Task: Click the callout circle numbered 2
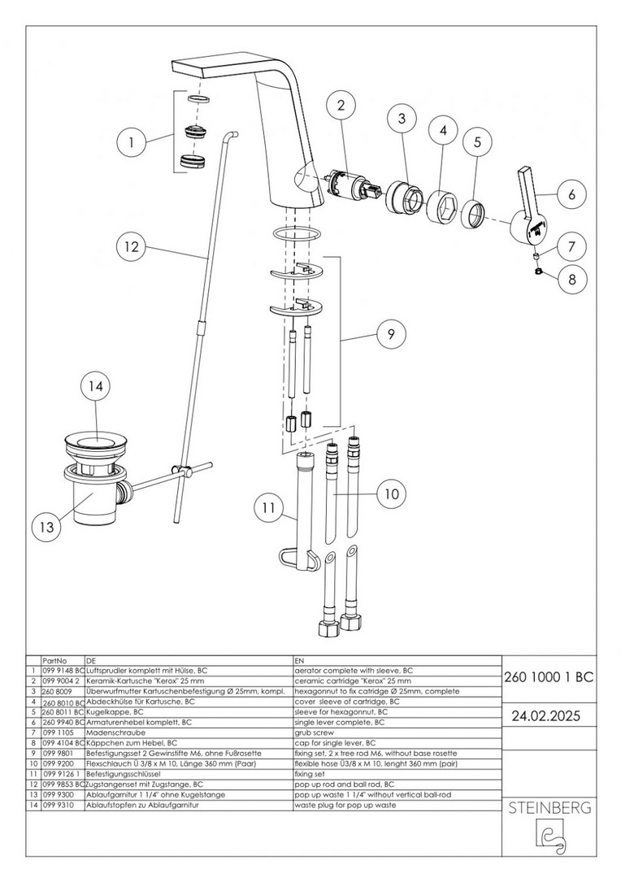[x=341, y=106]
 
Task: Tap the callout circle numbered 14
[x=96, y=389]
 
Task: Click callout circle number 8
[x=571, y=279]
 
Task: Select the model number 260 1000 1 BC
[x=549, y=676]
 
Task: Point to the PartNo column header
[x=54, y=661]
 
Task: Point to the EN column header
[x=297, y=661]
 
